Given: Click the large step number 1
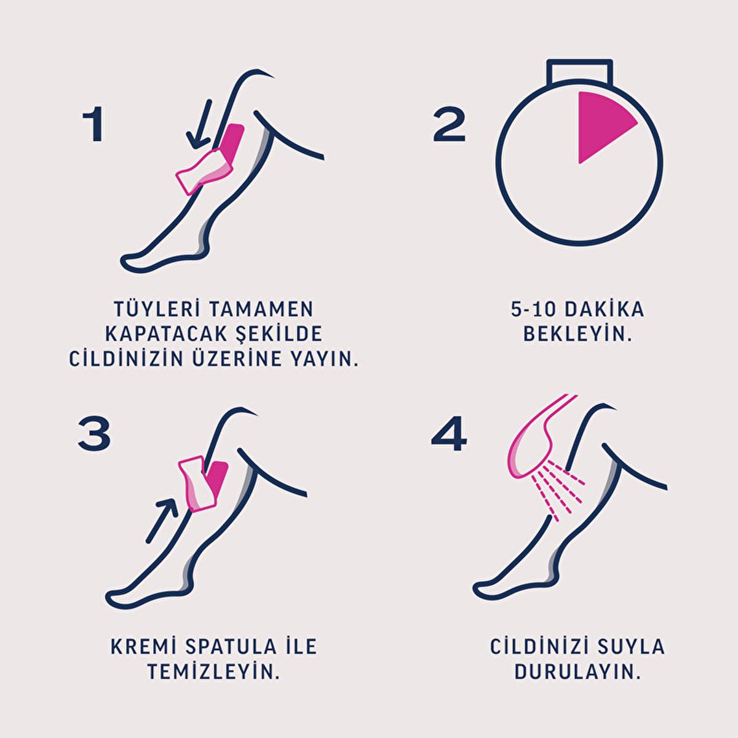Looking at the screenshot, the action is (x=94, y=124).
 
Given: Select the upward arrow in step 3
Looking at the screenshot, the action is (x=162, y=521).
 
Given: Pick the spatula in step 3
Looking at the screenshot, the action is (x=199, y=485).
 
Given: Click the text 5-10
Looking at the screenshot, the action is (x=533, y=310).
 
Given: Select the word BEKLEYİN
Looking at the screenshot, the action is (x=577, y=334).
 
